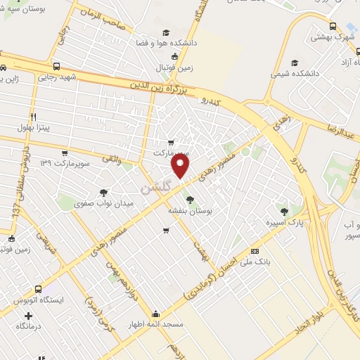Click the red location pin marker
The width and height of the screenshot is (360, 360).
pyautogui.click(x=181, y=167)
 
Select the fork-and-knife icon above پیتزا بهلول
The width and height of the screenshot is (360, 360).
pyautogui.click(x=32, y=116)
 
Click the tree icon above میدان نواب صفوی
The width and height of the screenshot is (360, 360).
pyautogui.click(x=104, y=192)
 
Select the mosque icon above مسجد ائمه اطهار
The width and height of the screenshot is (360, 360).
pyautogui.click(x=155, y=314)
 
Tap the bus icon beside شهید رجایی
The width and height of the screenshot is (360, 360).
pyautogui.click(x=5, y=68)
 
